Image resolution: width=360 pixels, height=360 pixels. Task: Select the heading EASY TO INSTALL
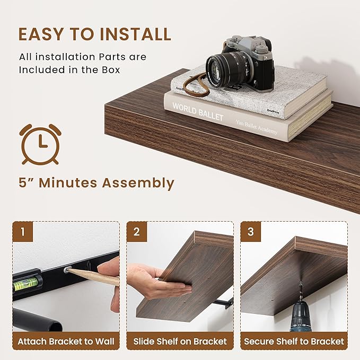pos(95,34)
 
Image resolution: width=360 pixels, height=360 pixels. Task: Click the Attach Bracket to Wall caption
pos(66,341)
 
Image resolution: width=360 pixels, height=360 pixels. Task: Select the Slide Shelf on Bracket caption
pos(180,341)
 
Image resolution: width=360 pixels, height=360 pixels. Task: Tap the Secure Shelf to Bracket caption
pos(294,341)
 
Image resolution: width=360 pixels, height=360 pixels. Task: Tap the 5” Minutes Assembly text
pos(96,183)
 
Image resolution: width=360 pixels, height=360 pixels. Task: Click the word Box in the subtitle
pos(110,69)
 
